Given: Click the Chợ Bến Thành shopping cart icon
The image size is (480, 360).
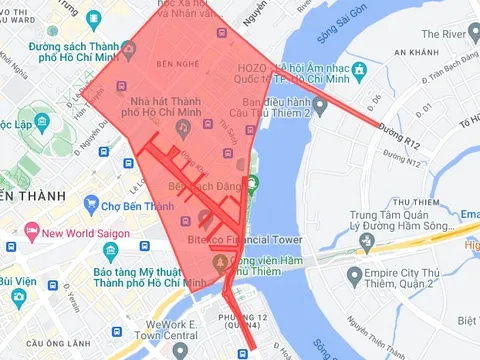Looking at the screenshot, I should tap(91, 207).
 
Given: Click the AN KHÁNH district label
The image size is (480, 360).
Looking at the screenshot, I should tap(415, 51).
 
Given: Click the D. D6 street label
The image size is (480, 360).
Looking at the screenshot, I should tap(376, 100).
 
